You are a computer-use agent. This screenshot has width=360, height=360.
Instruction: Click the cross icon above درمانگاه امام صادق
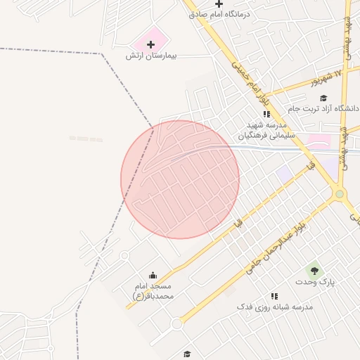click(x=219, y=4)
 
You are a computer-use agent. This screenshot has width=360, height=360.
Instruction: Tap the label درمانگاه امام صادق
click(x=219, y=15)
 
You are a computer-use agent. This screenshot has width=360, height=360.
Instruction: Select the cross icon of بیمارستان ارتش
click(x=150, y=44)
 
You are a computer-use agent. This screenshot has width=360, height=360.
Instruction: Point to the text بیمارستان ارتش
click(x=150, y=55)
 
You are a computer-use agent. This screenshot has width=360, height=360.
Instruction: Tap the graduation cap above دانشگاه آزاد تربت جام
click(x=323, y=98)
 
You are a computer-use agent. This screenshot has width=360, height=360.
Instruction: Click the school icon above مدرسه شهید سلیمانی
click(x=266, y=114)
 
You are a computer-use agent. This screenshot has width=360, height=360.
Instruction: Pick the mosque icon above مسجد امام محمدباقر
click(x=153, y=275)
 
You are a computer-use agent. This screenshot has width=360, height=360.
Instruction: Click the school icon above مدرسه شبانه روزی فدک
click(x=274, y=297)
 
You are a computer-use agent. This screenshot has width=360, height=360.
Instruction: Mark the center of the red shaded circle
click(x=180, y=179)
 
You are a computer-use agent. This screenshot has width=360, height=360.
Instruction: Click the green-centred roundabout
click(x=340, y=193)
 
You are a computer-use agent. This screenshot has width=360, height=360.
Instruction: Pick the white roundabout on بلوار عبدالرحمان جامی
click(x=176, y=323)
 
